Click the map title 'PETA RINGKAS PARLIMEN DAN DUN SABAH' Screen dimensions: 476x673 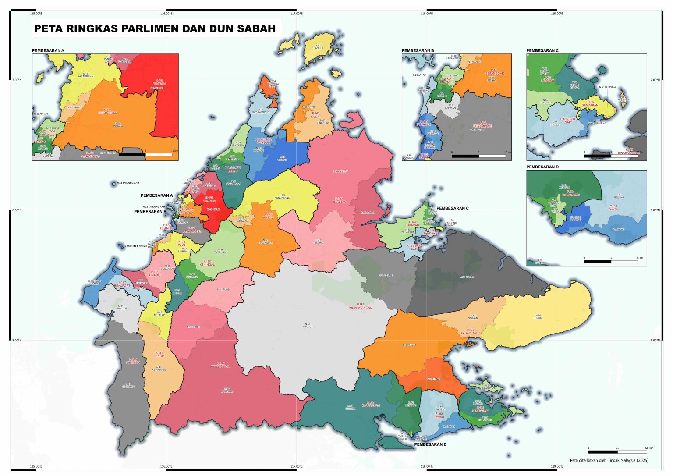click(x=155, y=29)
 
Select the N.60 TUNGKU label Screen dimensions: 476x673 click(x=538, y=316)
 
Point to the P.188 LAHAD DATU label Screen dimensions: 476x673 click(x=470, y=331)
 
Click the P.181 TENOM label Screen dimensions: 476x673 click(x=159, y=354)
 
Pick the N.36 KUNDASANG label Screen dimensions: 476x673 click(x=282, y=196)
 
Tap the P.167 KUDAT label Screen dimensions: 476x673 click(x=315, y=115)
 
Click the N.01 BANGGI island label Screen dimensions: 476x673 click(x=318, y=46)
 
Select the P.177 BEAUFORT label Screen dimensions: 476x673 click(x=122, y=284)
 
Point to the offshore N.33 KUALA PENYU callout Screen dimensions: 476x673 click(x=135, y=246)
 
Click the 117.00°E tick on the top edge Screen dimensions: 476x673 click(x=297, y=14)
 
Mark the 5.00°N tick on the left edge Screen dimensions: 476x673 click(x=16, y=341)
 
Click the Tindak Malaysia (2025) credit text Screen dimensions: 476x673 click(x=609, y=460)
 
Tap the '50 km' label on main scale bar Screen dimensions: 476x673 click(x=649, y=448)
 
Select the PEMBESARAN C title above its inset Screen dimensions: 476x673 click(x=542, y=50)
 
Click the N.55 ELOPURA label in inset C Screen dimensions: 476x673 click(x=607, y=87)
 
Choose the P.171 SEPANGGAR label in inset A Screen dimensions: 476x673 click(x=107, y=111)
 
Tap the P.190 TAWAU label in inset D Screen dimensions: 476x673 click(x=613, y=207)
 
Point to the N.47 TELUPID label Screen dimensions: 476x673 click(x=319, y=241)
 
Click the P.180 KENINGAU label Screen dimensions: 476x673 click(x=207, y=263)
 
